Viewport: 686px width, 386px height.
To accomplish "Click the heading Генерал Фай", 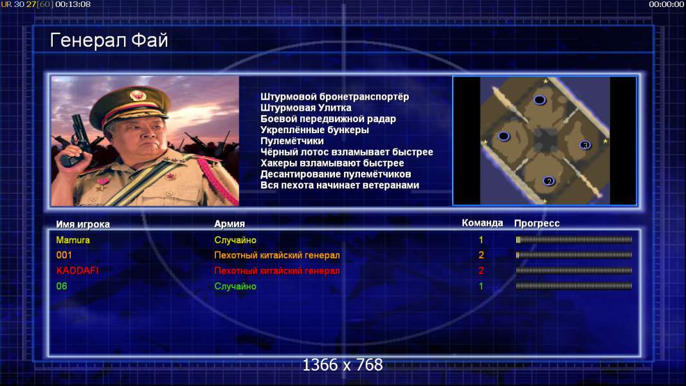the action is click(x=109, y=41).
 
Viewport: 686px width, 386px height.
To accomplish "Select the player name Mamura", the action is click(x=73, y=240).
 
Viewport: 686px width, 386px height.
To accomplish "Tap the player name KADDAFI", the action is click(x=77, y=270).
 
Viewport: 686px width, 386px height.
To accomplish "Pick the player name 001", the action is click(x=64, y=255).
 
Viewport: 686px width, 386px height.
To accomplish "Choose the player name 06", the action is click(x=62, y=286).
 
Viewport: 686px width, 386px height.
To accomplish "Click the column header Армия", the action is click(x=230, y=224).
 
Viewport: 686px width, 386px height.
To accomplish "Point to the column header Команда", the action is click(x=482, y=223).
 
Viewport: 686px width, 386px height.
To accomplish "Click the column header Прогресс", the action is click(x=537, y=223).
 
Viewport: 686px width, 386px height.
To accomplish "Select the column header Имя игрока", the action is click(x=83, y=224).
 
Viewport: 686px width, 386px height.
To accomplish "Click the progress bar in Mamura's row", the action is click(x=574, y=240).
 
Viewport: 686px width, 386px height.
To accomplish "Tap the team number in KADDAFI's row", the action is click(x=482, y=270).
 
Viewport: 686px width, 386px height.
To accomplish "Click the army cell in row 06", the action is click(x=235, y=286).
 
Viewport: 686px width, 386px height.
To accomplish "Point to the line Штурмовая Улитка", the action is click(x=306, y=107).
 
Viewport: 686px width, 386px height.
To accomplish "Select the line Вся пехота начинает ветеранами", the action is click(x=340, y=185).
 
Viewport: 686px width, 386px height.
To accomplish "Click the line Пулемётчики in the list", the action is click(x=293, y=141).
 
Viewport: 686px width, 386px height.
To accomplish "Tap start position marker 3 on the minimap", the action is click(x=585, y=145).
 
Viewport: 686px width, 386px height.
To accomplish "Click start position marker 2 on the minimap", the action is click(x=549, y=181).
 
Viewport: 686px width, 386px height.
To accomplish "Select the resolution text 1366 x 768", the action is click(x=343, y=365).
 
